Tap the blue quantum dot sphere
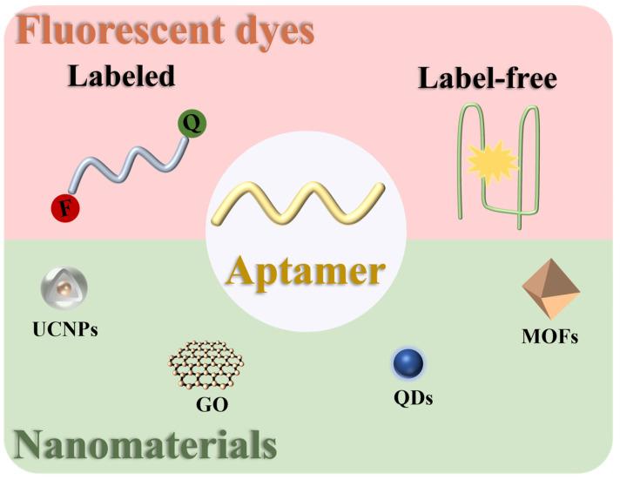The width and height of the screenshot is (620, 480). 407,365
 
